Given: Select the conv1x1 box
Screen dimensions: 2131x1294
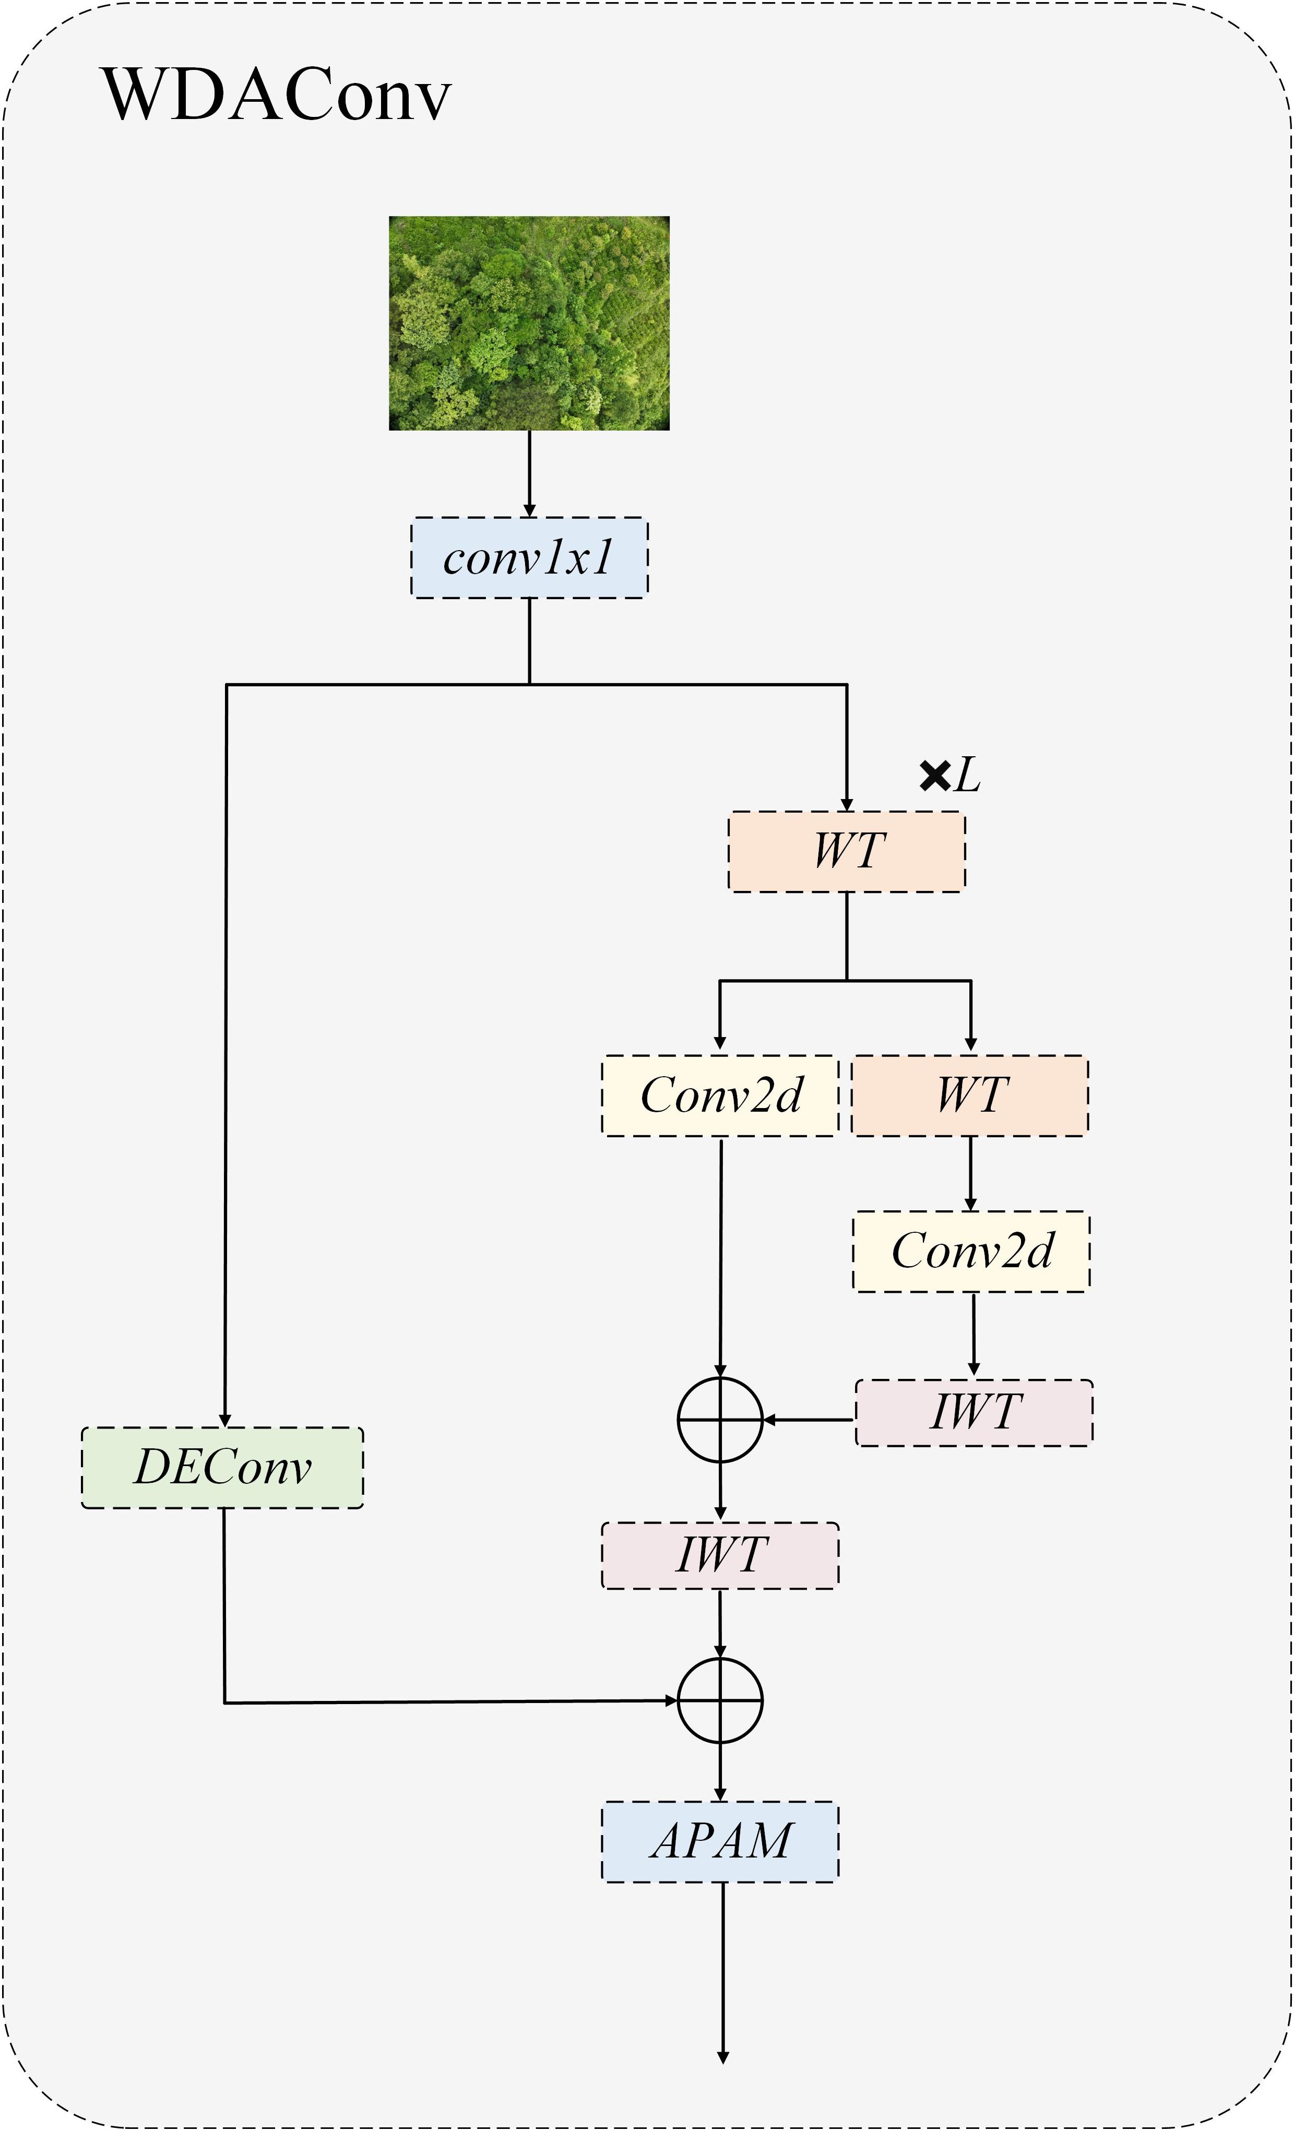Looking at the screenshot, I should tap(528, 558).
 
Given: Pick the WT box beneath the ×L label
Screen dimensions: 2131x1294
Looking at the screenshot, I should tap(846, 851).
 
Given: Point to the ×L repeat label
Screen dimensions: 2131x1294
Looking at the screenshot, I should tap(949, 776).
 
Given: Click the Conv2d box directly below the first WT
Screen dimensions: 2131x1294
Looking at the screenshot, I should tap(720, 1095).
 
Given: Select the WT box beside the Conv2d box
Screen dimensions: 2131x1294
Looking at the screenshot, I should tap(970, 1095).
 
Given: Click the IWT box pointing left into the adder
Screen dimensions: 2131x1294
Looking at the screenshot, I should tap(974, 1412).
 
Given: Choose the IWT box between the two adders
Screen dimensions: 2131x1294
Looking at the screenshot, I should tap(720, 1555).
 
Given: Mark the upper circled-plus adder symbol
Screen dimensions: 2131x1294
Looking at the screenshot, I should tap(720, 1419).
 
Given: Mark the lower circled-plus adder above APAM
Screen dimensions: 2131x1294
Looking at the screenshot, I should tap(720, 1700).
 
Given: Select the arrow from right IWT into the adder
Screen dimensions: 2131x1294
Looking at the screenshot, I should tap(809, 1419).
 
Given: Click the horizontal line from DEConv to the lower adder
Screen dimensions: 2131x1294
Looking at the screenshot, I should tap(450, 1702).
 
